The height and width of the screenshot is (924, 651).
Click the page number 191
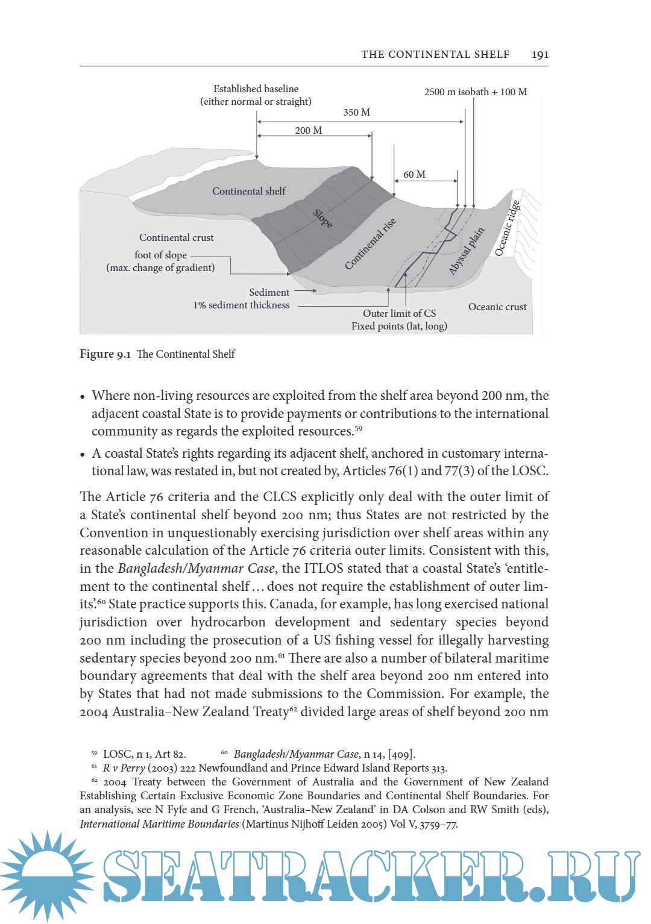coord(540,54)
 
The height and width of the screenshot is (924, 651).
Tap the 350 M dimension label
coord(357,113)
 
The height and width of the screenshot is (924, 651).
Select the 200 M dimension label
coord(309,130)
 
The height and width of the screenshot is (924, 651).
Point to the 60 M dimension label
coord(414,174)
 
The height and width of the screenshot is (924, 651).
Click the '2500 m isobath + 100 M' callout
coord(475,92)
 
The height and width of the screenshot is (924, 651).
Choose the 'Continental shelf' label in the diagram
coord(249,191)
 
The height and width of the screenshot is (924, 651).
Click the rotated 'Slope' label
coord(322,219)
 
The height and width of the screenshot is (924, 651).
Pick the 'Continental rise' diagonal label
coord(370,243)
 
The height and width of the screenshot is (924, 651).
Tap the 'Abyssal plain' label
coord(467,251)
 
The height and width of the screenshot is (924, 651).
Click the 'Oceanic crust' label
coord(497,307)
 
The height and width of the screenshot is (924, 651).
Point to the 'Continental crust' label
coord(176,237)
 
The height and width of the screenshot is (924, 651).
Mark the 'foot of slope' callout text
coord(160,255)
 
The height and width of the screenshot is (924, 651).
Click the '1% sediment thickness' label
coord(241,305)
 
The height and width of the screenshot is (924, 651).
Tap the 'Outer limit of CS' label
coord(399,313)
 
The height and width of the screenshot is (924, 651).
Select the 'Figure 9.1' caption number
coord(105,354)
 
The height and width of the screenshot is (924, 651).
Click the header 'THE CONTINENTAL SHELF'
coord(435,54)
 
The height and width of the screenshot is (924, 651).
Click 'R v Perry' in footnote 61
coord(124,768)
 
